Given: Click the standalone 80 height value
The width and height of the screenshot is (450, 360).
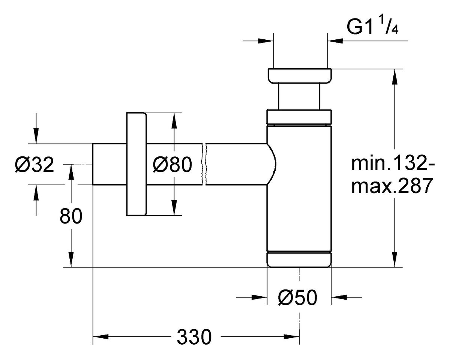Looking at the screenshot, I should (x=71, y=216).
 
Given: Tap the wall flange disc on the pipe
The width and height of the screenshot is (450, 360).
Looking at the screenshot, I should (x=136, y=164).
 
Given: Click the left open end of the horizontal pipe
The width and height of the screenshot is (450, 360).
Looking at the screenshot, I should (x=93, y=164).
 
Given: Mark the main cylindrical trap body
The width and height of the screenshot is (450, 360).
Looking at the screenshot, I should (x=299, y=187).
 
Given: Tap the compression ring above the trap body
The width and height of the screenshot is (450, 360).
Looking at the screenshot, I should (x=299, y=116).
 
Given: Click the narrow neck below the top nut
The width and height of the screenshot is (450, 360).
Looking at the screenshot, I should (x=299, y=96).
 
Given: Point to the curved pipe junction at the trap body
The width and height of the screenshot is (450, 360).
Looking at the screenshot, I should (x=272, y=164).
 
